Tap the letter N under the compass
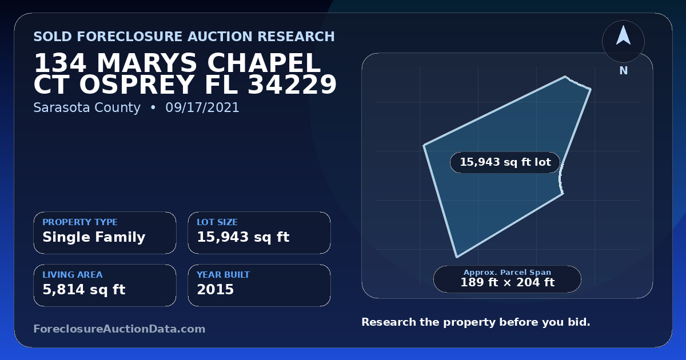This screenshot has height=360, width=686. tap(624, 71)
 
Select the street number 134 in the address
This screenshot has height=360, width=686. tap(60, 63)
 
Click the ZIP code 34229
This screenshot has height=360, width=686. tap(292, 84)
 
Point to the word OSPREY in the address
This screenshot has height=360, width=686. tap(137, 84)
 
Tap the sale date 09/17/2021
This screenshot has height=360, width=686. tap(202, 107)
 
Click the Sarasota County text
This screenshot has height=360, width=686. tap(87, 108)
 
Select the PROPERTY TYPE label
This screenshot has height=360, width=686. tap(80, 222)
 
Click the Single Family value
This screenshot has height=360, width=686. tap(94, 237)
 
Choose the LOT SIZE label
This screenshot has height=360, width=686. tap(217, 222)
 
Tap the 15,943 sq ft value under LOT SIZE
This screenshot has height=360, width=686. tap(243, 237)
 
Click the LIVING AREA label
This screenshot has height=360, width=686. tap(73, 275)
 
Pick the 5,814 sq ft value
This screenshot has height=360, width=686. tap(84, 290)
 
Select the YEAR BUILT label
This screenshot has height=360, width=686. tap(224, 275)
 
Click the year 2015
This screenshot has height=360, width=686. tap(216, 290)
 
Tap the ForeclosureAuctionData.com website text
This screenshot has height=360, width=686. tap(119, 329)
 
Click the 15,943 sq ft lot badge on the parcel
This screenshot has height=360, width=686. tap(505, 162)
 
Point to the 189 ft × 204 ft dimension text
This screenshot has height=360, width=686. tap(508, 282)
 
